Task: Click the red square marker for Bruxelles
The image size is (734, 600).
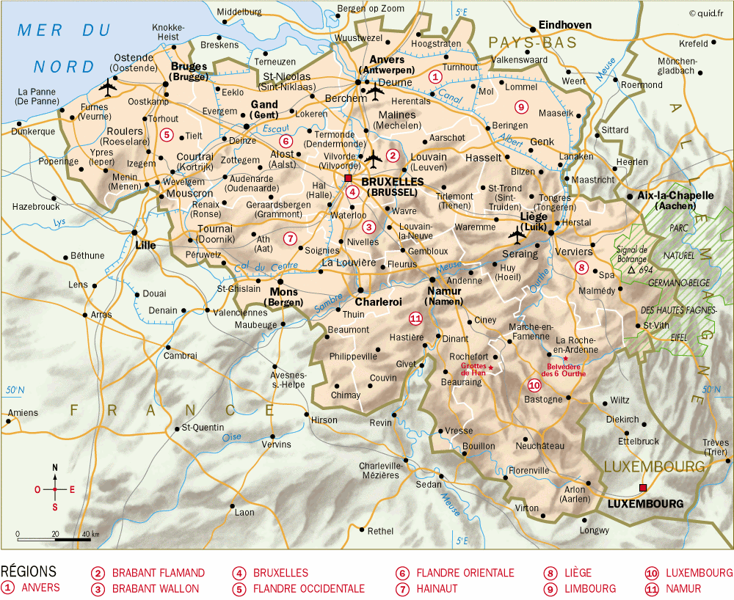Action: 348,178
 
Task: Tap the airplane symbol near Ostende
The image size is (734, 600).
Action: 109,89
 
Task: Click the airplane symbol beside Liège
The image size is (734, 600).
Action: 517,236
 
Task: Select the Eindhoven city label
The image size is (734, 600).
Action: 564,25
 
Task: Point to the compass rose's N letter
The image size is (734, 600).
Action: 54,467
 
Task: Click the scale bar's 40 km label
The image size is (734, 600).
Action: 90,533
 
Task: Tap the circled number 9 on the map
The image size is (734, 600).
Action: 521,108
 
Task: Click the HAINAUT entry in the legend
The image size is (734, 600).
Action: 437,588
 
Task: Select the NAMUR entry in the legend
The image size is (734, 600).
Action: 683,588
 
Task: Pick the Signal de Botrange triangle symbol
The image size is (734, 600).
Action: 631,270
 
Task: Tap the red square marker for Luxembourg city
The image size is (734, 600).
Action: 643,488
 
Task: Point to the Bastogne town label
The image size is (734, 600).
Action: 543,400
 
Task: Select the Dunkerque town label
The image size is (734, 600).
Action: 33,132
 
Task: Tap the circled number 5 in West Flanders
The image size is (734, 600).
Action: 167,134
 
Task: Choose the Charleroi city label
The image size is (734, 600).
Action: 378,301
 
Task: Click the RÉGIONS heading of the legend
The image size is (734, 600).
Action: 29,571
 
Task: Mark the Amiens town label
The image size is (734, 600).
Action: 22,413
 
